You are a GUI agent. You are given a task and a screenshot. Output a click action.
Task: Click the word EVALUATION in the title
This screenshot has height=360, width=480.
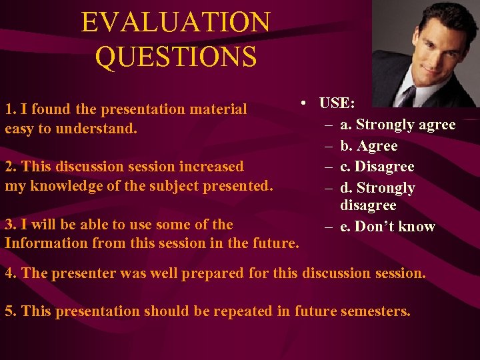click(x=175, y=23)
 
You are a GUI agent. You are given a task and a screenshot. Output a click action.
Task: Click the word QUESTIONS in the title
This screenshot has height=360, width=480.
click(x=175, y=57)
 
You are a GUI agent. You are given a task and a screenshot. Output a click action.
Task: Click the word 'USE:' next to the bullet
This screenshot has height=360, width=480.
click(x=337, y=103)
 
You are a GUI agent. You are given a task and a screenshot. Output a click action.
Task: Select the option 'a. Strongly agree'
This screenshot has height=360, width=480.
click(x=397, y=125)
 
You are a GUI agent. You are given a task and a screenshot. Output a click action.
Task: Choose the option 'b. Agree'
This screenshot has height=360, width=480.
click(x=369, y=146)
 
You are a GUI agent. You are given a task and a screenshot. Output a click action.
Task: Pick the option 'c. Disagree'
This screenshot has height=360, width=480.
click(x=377, y=167)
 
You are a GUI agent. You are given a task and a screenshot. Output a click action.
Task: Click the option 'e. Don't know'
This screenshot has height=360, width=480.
click(x=387, y=227)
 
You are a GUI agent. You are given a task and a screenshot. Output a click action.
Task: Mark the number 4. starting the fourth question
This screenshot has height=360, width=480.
click(x=10, y=273)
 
